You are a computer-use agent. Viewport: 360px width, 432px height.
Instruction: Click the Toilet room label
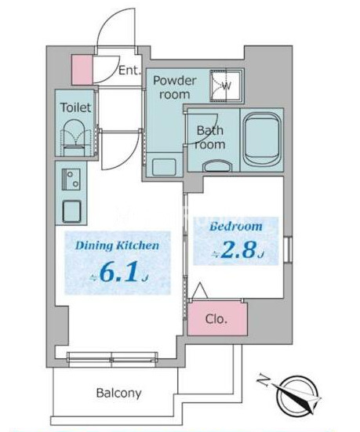point(75,107)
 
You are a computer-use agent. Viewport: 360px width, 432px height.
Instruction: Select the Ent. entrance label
point(129,71)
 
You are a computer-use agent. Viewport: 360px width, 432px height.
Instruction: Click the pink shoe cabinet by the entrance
point(82,70)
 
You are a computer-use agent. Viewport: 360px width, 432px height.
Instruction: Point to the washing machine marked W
point(227,85)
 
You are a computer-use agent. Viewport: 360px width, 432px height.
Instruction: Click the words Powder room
point(174,88)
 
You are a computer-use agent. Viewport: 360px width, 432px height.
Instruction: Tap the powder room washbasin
point(164,166)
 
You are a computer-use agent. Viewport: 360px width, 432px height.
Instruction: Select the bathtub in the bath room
point(262,140)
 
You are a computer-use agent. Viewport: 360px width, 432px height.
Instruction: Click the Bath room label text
point(210,137)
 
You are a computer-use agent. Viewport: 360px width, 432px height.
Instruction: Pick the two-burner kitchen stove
point(71,180)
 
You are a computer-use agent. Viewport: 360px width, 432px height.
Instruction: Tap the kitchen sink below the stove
point(71,211)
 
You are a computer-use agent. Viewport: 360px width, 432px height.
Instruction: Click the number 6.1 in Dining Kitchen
point(118,273)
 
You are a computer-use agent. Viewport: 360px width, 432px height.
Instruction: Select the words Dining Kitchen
point(117,245)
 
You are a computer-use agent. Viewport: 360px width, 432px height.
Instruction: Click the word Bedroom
point(236,227)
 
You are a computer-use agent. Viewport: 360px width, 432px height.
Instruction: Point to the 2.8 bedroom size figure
point(239,250)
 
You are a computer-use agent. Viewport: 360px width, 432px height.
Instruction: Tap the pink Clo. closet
point(217,318)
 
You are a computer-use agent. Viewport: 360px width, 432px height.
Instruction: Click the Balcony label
point(118,393)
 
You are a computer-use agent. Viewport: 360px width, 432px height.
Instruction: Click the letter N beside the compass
point(264,381)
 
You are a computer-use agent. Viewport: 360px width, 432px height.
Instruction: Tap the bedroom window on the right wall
point(288,249)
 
